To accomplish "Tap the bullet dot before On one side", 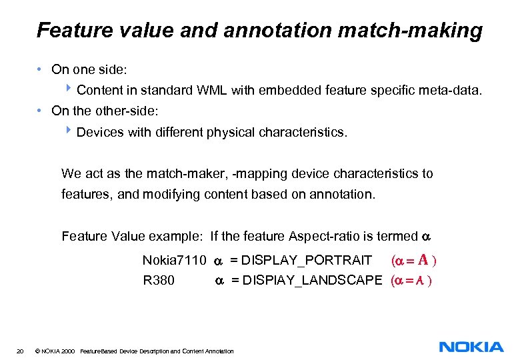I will coord(41,69).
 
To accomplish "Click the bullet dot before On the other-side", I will coord(41,111).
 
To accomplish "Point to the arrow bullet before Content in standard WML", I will coord(70,89).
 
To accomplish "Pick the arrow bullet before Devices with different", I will coord(70,131).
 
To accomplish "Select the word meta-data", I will coord(450,90).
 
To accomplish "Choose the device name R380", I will coord(159,281).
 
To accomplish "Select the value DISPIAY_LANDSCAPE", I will coord(313,281).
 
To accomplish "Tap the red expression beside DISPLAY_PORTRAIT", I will coord(415,259).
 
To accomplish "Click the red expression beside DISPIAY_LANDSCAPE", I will coord(411,281).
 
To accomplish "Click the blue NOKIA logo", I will coord(471,347).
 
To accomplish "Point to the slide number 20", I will coord(21,351).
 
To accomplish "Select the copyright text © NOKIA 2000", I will coord(54,351).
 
